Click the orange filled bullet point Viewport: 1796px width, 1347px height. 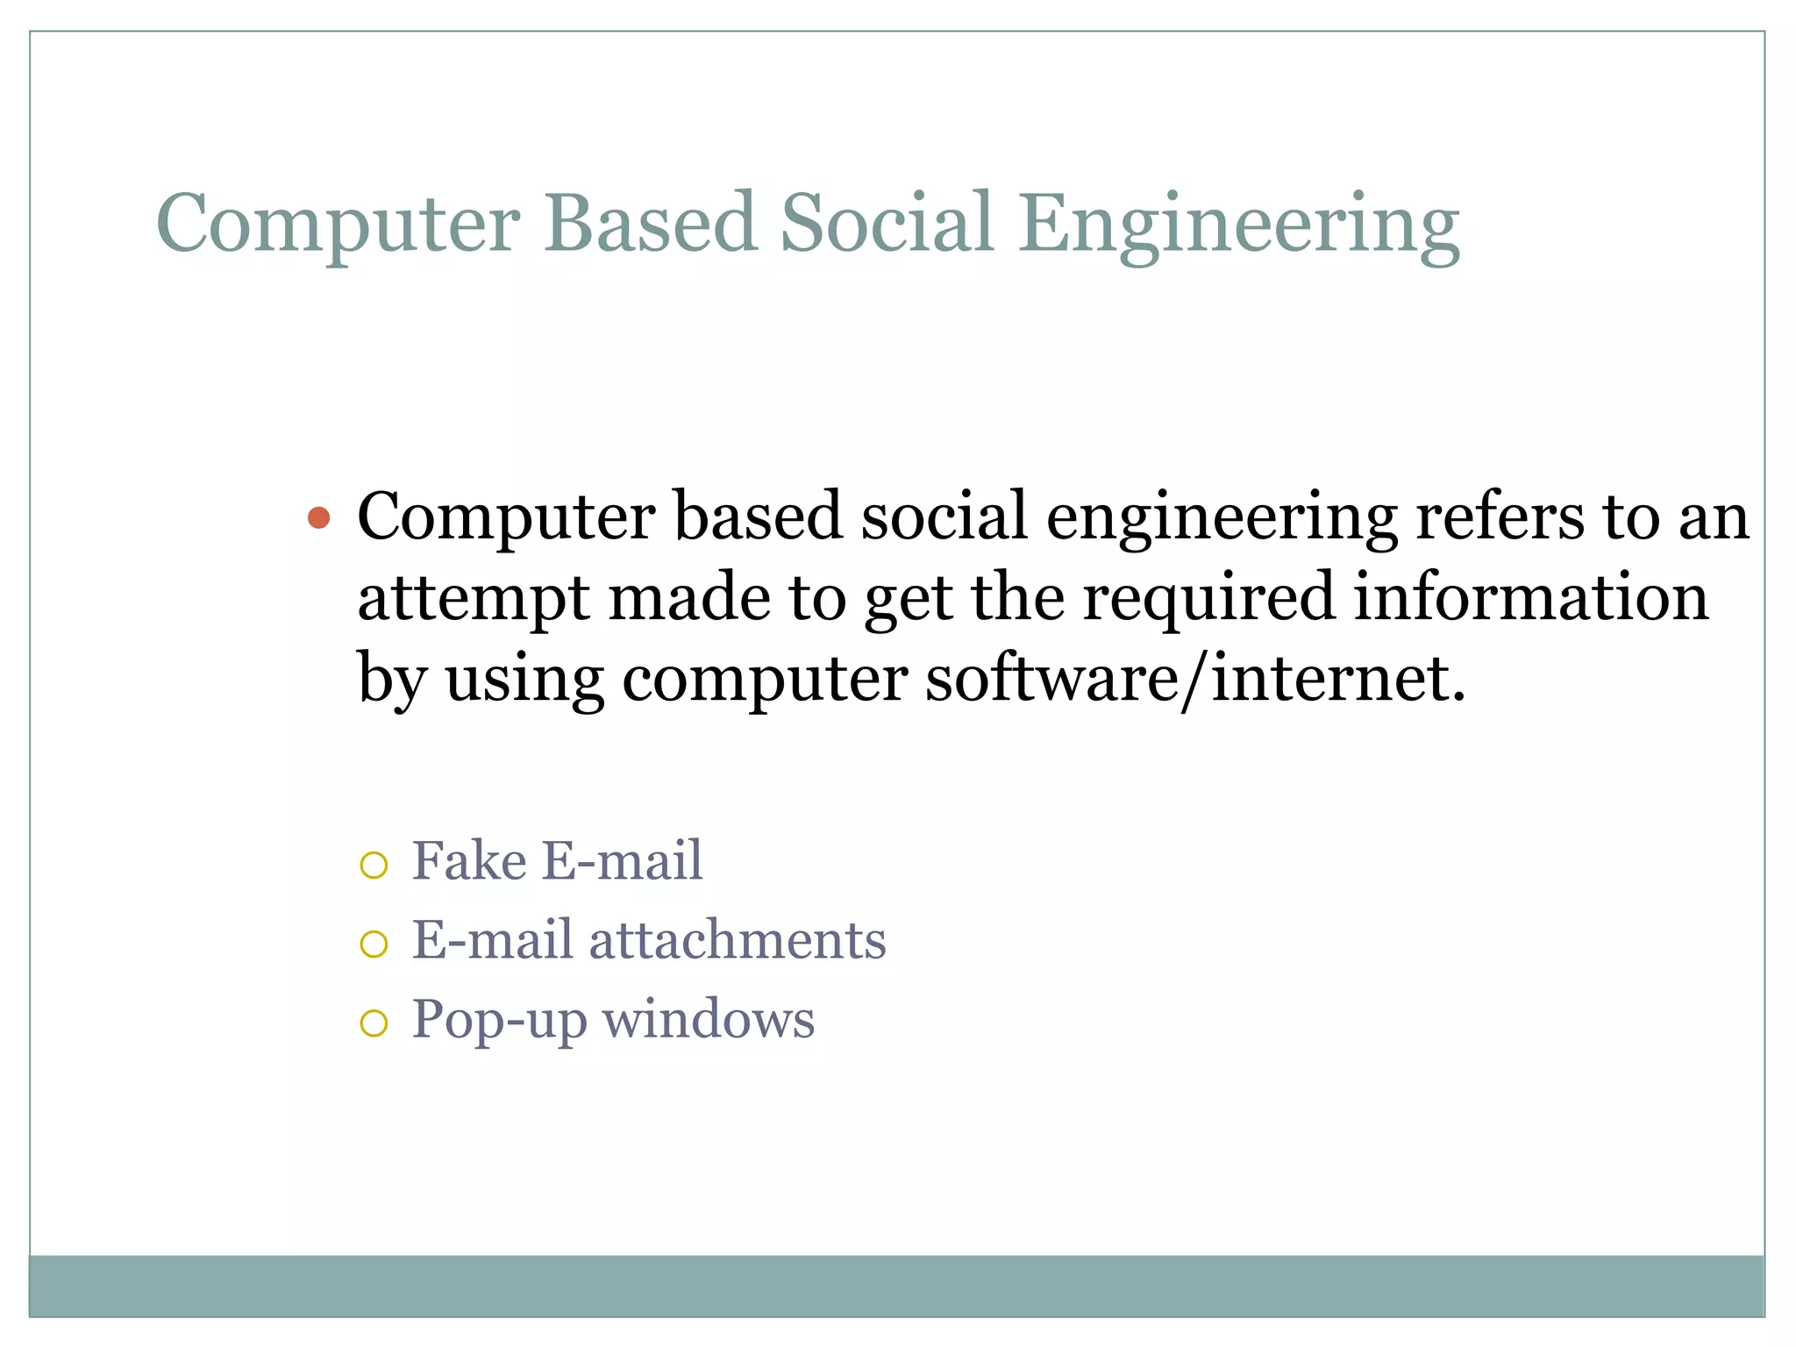coord(319,518)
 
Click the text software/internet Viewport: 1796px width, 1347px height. coord(1194,680)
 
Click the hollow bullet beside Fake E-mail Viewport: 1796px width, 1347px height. coord(374,866)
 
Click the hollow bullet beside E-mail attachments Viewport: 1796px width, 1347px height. coord(374,944)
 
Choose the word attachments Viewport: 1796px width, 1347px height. coord(737,940)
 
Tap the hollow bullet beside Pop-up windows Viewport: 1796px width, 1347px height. coord(374,1023)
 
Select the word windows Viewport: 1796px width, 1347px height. coord(709,1020)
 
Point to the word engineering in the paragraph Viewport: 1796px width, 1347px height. coord(1222,518)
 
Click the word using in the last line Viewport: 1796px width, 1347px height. coord(524,680)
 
